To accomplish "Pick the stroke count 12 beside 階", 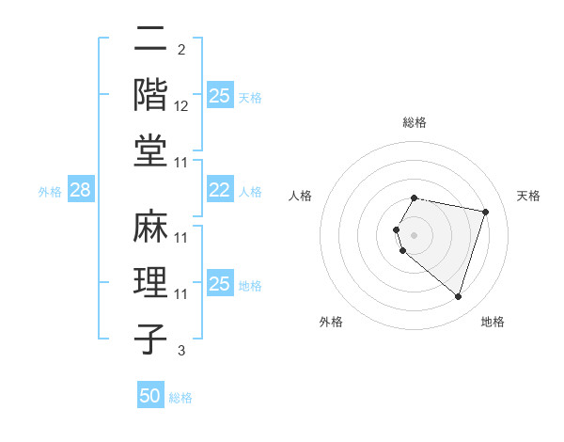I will point(181,107).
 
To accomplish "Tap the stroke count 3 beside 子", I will point(181,352).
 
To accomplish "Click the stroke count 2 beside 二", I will point(181,51).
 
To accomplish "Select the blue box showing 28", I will point(80,191).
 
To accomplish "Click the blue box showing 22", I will point(219,191).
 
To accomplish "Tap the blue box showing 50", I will point(150,396).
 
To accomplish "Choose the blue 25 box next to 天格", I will point(219,96).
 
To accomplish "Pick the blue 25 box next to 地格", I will point(219,285).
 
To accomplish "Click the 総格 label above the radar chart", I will point(415,122).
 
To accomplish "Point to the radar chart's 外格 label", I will point(331,322).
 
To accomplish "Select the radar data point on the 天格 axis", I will point(485,212).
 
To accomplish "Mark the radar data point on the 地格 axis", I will point(458,297).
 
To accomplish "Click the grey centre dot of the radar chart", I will point(415,234).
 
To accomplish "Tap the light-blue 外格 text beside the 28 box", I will point(50,192).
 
